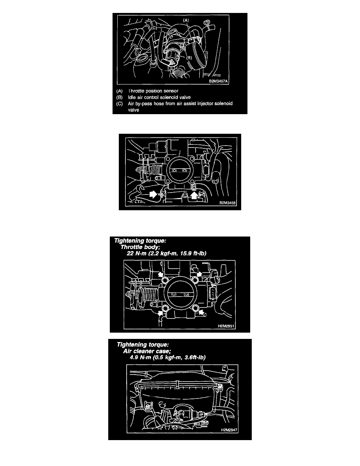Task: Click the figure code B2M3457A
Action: pyautogui.click(x=218, y=81)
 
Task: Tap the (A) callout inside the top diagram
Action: pyautogui.click(x=186, y=20)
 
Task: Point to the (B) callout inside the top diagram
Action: pyautogui.click(x=189, y=58)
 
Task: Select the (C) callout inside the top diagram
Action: pyautogui.click(x=154, y=27)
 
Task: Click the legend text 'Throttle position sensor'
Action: pyautogui.click(x=153, y=91)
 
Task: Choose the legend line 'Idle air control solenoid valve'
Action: pyautogui.click(x=159, y=97)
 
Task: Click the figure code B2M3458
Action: pyautogui.click(x=227, y=203)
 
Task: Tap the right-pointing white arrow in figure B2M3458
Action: pyautogui.click(x=153, y=195)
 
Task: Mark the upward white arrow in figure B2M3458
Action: pyautogui.click(x=194, y=195)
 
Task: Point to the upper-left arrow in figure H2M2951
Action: pyautogui.click(x=160, y=274)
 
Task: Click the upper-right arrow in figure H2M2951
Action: pyautogui.click(x=199, y=273)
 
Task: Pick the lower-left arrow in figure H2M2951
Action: pyautogui.click(x=160, y=313)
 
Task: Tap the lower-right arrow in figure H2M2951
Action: pyautogui.click(x=202, y=312)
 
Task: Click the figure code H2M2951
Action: pyautogui.click(x=226, y=326)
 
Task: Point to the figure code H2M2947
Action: pyautogui.click(x=229, y=430)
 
